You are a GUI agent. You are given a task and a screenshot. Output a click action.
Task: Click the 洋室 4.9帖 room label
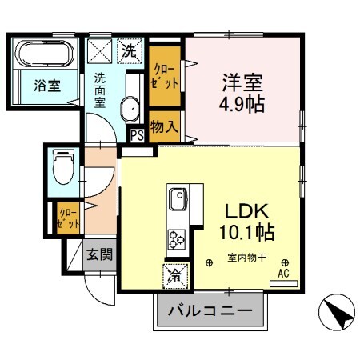tap(243, 92)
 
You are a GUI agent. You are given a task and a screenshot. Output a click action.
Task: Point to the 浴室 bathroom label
tap(46, 86)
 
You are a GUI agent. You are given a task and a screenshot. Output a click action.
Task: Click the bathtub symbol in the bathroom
tap(45, 56)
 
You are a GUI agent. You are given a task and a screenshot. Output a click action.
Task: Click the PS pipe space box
tap(136, 134)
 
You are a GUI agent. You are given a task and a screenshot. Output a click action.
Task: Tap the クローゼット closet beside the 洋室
tap(164, 80)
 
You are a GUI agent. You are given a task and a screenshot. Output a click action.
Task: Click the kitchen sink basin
tap(177, 197)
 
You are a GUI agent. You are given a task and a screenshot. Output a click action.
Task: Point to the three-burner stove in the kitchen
tap(176, 237)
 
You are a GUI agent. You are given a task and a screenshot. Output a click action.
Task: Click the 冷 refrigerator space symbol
tap(175, 276)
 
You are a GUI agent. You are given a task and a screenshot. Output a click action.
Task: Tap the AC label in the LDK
tap(282, 273)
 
